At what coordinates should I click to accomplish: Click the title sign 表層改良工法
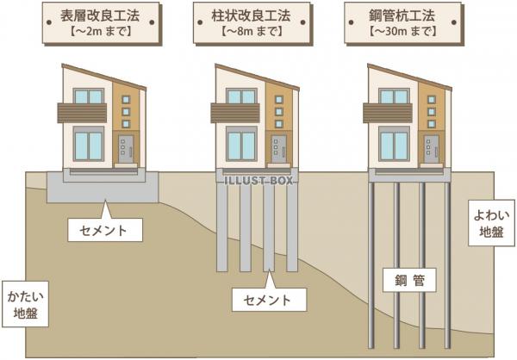point(101,22)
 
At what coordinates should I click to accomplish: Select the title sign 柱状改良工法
point(252,22)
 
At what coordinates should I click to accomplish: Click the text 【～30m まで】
point(402,31)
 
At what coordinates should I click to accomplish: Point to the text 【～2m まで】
point(101,31)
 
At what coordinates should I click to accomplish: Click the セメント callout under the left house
point(105,229)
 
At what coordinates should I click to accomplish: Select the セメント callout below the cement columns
point(269,300)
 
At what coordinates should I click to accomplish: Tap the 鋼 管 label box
point(409,280)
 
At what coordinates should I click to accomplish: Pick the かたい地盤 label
point(25,304)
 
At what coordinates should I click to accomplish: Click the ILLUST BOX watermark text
point(258,180)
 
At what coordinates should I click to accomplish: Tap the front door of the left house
point(126,149)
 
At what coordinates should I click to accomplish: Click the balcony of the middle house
point(235,113)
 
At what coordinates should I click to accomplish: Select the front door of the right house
point(432,149)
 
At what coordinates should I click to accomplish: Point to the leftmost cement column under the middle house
point(222,227)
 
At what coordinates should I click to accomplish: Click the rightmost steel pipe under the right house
point(447,265)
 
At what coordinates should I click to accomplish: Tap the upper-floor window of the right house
point(394,96)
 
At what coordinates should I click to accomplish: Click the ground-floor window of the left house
point(89,144)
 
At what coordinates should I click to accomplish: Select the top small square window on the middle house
point(279,100)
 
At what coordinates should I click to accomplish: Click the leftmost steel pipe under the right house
point(371,265)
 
